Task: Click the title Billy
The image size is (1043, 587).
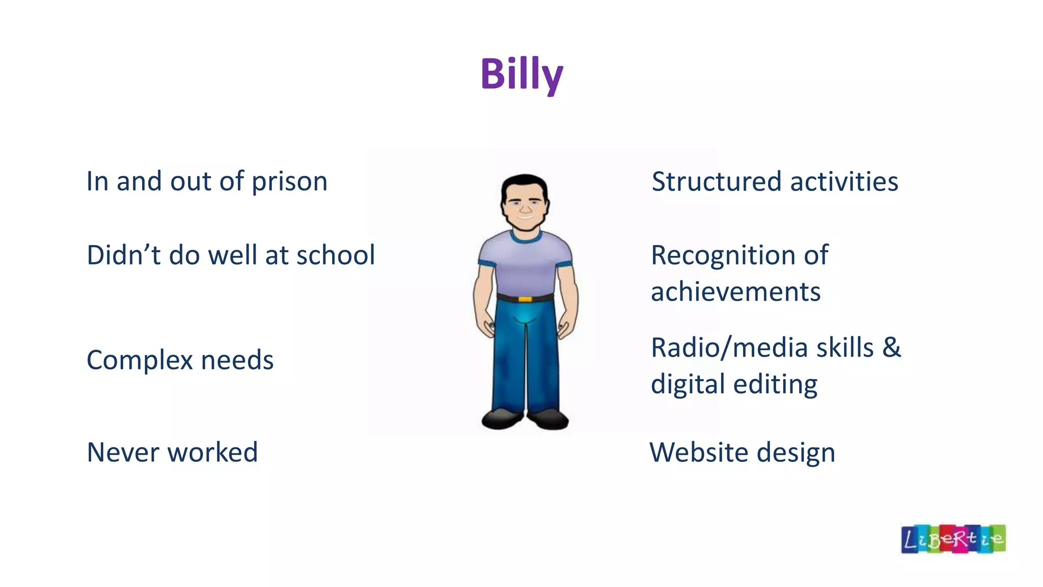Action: pos(521,74)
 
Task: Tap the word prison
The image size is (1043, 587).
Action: pos(289,182)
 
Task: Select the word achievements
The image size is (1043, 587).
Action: pos(735,292)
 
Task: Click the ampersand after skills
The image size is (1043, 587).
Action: pos(891,348)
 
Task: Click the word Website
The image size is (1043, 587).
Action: pos(696,452)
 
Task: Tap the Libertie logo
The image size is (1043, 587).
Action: pos(953,539)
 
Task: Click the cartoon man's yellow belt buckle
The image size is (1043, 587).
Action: pos(525,299)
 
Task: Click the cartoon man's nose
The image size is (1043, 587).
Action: pos(526,209)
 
